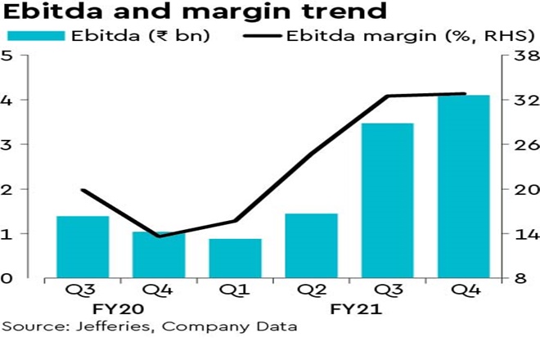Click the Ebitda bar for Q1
(x=235, y=258)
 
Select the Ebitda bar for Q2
(x=311, y=245)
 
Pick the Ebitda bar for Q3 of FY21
(x=388, y=200)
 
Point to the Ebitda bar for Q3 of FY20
(x=83, y=247)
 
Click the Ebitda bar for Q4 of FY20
(x=159, y=254)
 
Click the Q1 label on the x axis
(x=235, y=290)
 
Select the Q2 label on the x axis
(x=311, y=290)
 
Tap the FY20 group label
(x=120, y=309)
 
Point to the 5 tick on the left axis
(x=7, y=56)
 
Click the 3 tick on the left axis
(x=7, y=145)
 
